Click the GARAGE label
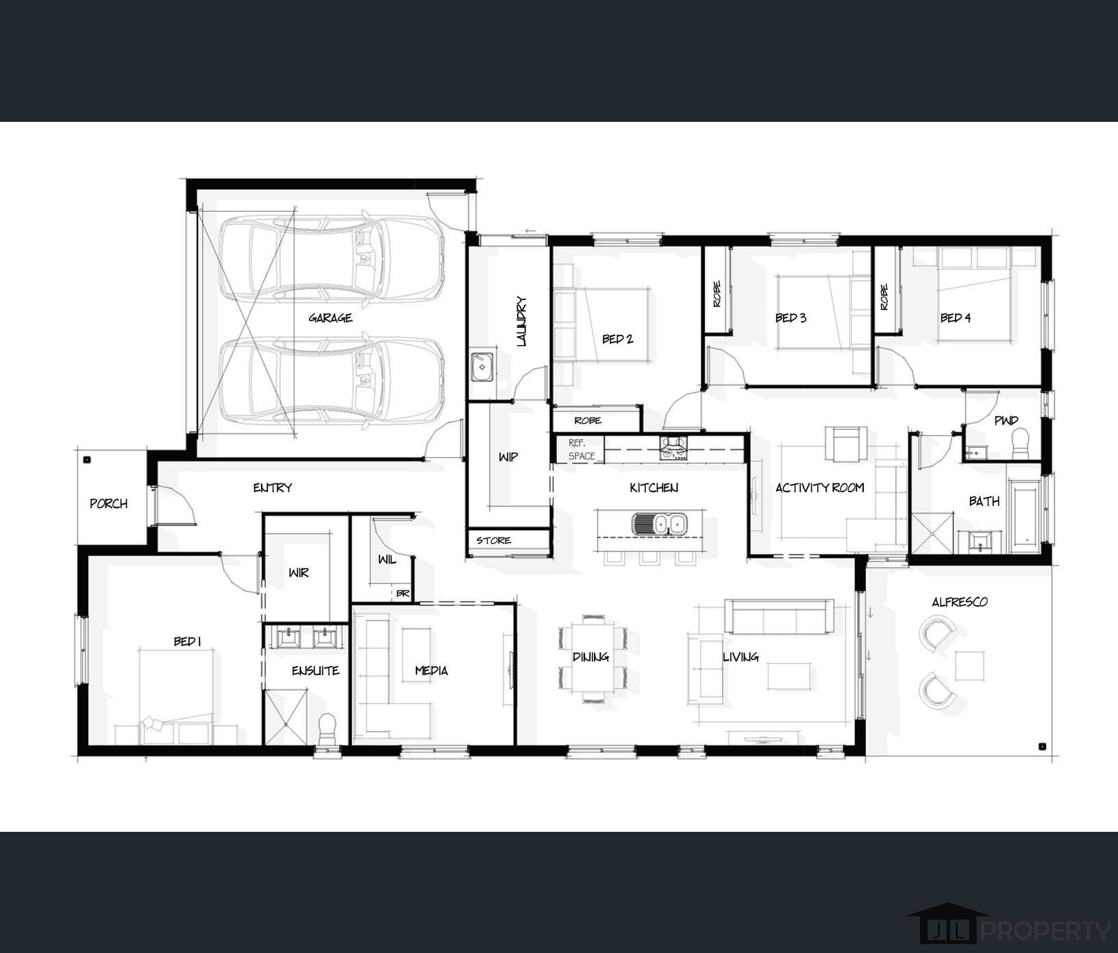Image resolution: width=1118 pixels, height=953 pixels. click(x=330, y=318)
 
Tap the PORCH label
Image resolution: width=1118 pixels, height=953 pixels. click(x=108, y=503)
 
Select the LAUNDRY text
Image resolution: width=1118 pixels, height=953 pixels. click(x=521, y=320)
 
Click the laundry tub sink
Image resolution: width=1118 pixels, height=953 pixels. click(x=482, y=367)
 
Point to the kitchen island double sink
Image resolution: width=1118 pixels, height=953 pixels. click(x=658, y=524)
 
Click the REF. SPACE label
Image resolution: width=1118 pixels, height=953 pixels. click(x=582, y=449)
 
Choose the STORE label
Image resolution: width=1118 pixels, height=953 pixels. click(x=494, y=540)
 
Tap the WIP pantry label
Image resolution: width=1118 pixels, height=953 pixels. click(x=508, y=457)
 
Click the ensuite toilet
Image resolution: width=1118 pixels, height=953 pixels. click(x=328, y=728)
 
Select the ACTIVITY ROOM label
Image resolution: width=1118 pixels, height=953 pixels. click(x=819, y=487)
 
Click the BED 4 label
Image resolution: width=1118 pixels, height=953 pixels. click(x=955, y=318)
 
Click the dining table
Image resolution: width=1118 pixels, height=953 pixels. click(x=593, y=657)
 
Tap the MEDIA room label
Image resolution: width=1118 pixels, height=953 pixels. click(x=432, y=670)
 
